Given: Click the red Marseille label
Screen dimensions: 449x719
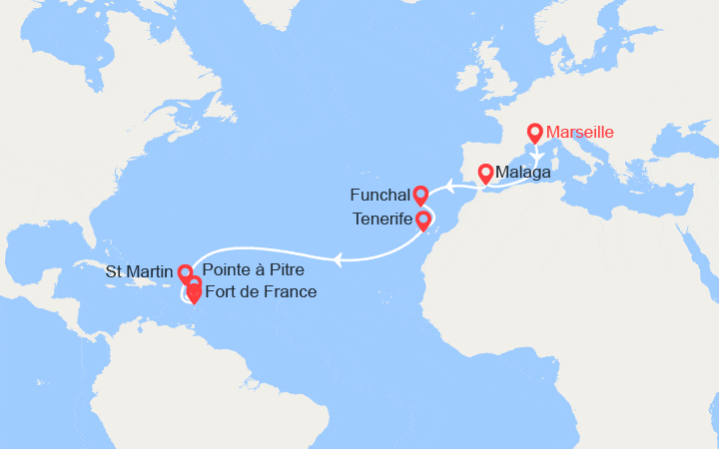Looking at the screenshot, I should tap(580, 132).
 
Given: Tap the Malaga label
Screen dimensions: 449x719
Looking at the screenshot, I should tap(522, 173).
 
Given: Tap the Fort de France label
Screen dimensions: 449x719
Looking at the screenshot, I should tap(260, 291).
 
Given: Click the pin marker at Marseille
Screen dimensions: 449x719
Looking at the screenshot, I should tap(535, 133).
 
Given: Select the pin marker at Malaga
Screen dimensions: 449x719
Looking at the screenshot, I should tap(485, 173).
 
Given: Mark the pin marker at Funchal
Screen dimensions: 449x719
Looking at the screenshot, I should tap(420, 194).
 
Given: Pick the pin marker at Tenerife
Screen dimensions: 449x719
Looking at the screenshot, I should tap(422, 220).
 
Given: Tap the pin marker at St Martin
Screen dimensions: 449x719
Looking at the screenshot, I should tap(185, 271).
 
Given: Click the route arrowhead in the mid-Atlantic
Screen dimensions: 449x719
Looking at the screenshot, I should tap(340, 260).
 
